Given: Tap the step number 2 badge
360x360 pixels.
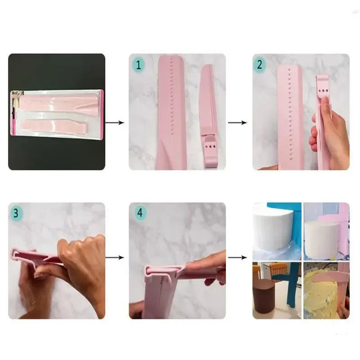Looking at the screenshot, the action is (x=260, y=64).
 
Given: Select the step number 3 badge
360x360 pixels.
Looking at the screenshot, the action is (x=16, y=213).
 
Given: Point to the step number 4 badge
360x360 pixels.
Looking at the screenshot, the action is (x=140, y=213).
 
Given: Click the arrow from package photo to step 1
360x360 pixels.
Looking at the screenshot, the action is (x=115, y=122).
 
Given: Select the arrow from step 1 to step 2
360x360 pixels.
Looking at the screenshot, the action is (x=238, y=122).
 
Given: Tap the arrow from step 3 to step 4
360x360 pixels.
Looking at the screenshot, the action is (x=115, y=257).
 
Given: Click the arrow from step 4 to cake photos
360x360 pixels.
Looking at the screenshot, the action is (x=238, y=257).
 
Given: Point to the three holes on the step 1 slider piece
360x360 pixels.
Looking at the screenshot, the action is (x=210, y=146).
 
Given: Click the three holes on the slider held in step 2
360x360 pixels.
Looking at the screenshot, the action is (x=324, y=91).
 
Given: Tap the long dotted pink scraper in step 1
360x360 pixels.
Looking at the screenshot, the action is (x=171, y=112).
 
